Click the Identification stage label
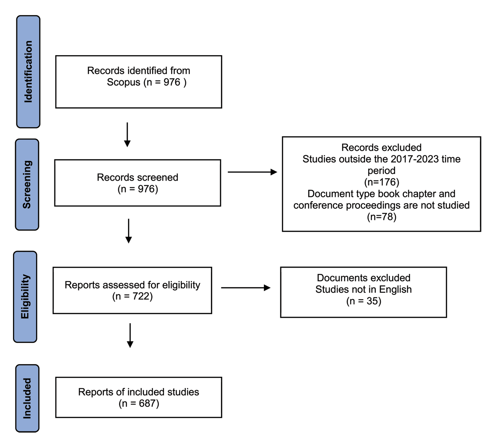coord(28,72)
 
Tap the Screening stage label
coord(27,184)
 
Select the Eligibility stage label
coord(25,297)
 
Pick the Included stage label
coord(27,398)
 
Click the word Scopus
coord(123,82)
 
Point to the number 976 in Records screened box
coord(146,189)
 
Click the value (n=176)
coord(382,182)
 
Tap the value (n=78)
coord(382,217)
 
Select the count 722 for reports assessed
coord(141,296)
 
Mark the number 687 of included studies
coord(147,404)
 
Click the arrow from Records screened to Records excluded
coord(253,172)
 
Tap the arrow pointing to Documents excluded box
coord(246,288)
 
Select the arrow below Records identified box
coord(127,135)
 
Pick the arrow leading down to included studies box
coord(130,335)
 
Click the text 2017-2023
coord(415,159)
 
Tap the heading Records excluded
coord(382,148)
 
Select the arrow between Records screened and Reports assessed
coord(128,231)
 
